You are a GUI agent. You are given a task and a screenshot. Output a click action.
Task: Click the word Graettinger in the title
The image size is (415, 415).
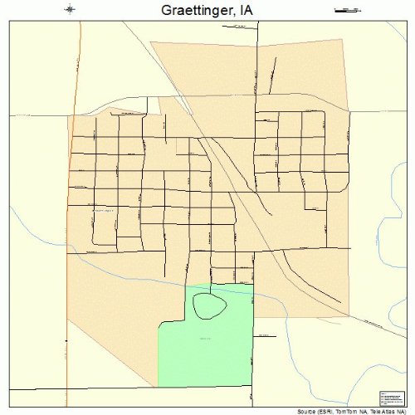tap(188, 10)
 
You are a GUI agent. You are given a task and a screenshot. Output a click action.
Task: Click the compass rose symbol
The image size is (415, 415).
tap(70, 10)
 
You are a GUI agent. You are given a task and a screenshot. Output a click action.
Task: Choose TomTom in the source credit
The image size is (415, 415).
tap(336, 411)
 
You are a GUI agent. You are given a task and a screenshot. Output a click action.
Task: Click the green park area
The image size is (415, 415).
tap(207, 349)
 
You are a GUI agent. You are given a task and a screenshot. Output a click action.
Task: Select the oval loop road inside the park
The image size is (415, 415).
tap(209, 305)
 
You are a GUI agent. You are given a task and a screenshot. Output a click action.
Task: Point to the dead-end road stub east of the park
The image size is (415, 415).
tap(263, 335)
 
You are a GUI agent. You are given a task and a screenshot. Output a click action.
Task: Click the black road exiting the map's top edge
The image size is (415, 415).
tap(256, 33)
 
